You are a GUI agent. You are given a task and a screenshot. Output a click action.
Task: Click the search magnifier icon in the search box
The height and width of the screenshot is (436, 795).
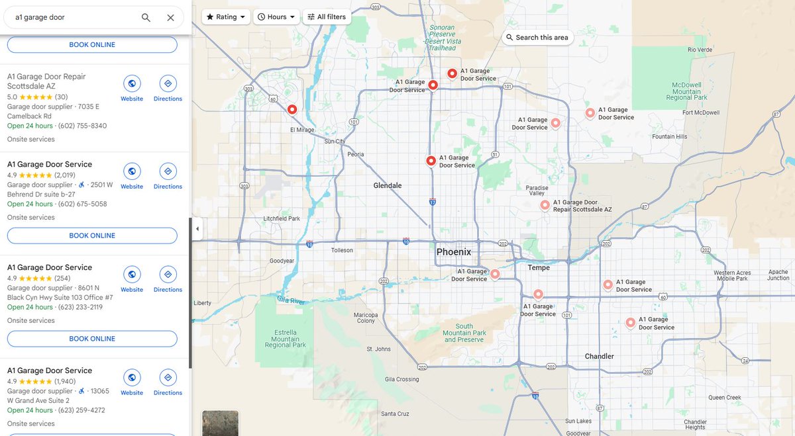[146, 18]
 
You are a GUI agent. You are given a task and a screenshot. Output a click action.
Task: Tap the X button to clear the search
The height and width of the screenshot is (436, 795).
[170, 18]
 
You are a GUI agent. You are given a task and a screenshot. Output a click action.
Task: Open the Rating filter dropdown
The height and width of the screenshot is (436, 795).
[226, 17]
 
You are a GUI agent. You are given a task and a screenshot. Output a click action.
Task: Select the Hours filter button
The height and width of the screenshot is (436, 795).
[276, 17]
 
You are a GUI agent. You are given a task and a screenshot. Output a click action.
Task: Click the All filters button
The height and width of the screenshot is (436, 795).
[327, 17]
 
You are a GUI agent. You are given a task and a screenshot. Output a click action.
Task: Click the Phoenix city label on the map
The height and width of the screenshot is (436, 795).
[454, 252]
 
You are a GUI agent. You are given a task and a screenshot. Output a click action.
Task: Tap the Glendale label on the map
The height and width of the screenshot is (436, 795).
[388, 186]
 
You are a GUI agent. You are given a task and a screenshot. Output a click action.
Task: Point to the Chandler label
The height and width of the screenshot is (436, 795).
[599, 356]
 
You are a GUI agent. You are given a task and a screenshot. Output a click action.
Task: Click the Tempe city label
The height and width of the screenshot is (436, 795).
[539, 268]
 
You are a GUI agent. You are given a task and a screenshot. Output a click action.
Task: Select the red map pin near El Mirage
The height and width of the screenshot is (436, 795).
[292, 109]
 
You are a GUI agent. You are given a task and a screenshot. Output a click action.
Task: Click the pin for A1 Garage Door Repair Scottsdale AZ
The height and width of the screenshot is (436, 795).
[545, 205]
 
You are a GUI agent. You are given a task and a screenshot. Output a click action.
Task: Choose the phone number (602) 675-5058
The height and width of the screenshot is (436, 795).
[82, 204]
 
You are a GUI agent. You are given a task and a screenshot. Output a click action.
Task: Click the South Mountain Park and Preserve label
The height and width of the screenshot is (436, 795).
[464, 333]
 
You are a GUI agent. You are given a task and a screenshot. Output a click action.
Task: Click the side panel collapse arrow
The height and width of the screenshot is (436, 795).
[197, 229]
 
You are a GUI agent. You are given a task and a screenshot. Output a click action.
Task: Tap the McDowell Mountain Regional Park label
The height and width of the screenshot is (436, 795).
[686, 91]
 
